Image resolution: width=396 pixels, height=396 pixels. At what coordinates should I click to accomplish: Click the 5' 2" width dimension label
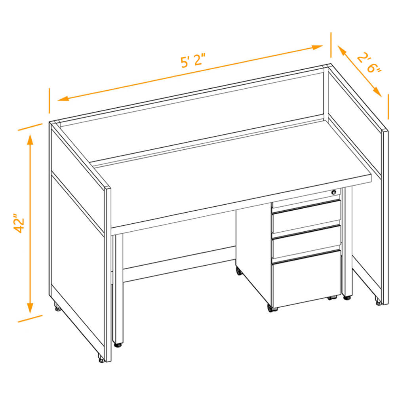[x=193, y=61]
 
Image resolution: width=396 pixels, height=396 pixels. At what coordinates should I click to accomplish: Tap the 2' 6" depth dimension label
[x=369, y=63]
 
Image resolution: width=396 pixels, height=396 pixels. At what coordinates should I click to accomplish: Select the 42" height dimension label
[x=19, y=223]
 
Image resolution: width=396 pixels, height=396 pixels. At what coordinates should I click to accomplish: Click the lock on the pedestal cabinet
[x=334, y=192]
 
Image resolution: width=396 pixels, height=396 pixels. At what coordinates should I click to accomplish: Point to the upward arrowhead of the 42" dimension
[x=30, y=139]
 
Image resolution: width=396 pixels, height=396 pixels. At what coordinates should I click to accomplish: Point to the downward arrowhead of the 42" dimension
[x=30, y=308]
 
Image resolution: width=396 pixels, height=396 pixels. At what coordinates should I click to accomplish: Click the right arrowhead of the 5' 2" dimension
[x=317, y=47]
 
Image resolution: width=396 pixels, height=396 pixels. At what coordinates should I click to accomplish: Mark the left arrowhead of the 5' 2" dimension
[x=64, y=99]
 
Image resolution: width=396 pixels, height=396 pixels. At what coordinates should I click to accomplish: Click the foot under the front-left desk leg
[x=118, y=345]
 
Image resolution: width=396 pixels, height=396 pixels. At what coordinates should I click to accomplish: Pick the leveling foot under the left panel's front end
[x=101, y=360]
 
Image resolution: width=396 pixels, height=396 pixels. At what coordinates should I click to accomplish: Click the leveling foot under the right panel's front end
[x=378, y=303]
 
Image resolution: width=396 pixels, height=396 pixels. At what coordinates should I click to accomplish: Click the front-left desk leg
[x=118, y=288]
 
